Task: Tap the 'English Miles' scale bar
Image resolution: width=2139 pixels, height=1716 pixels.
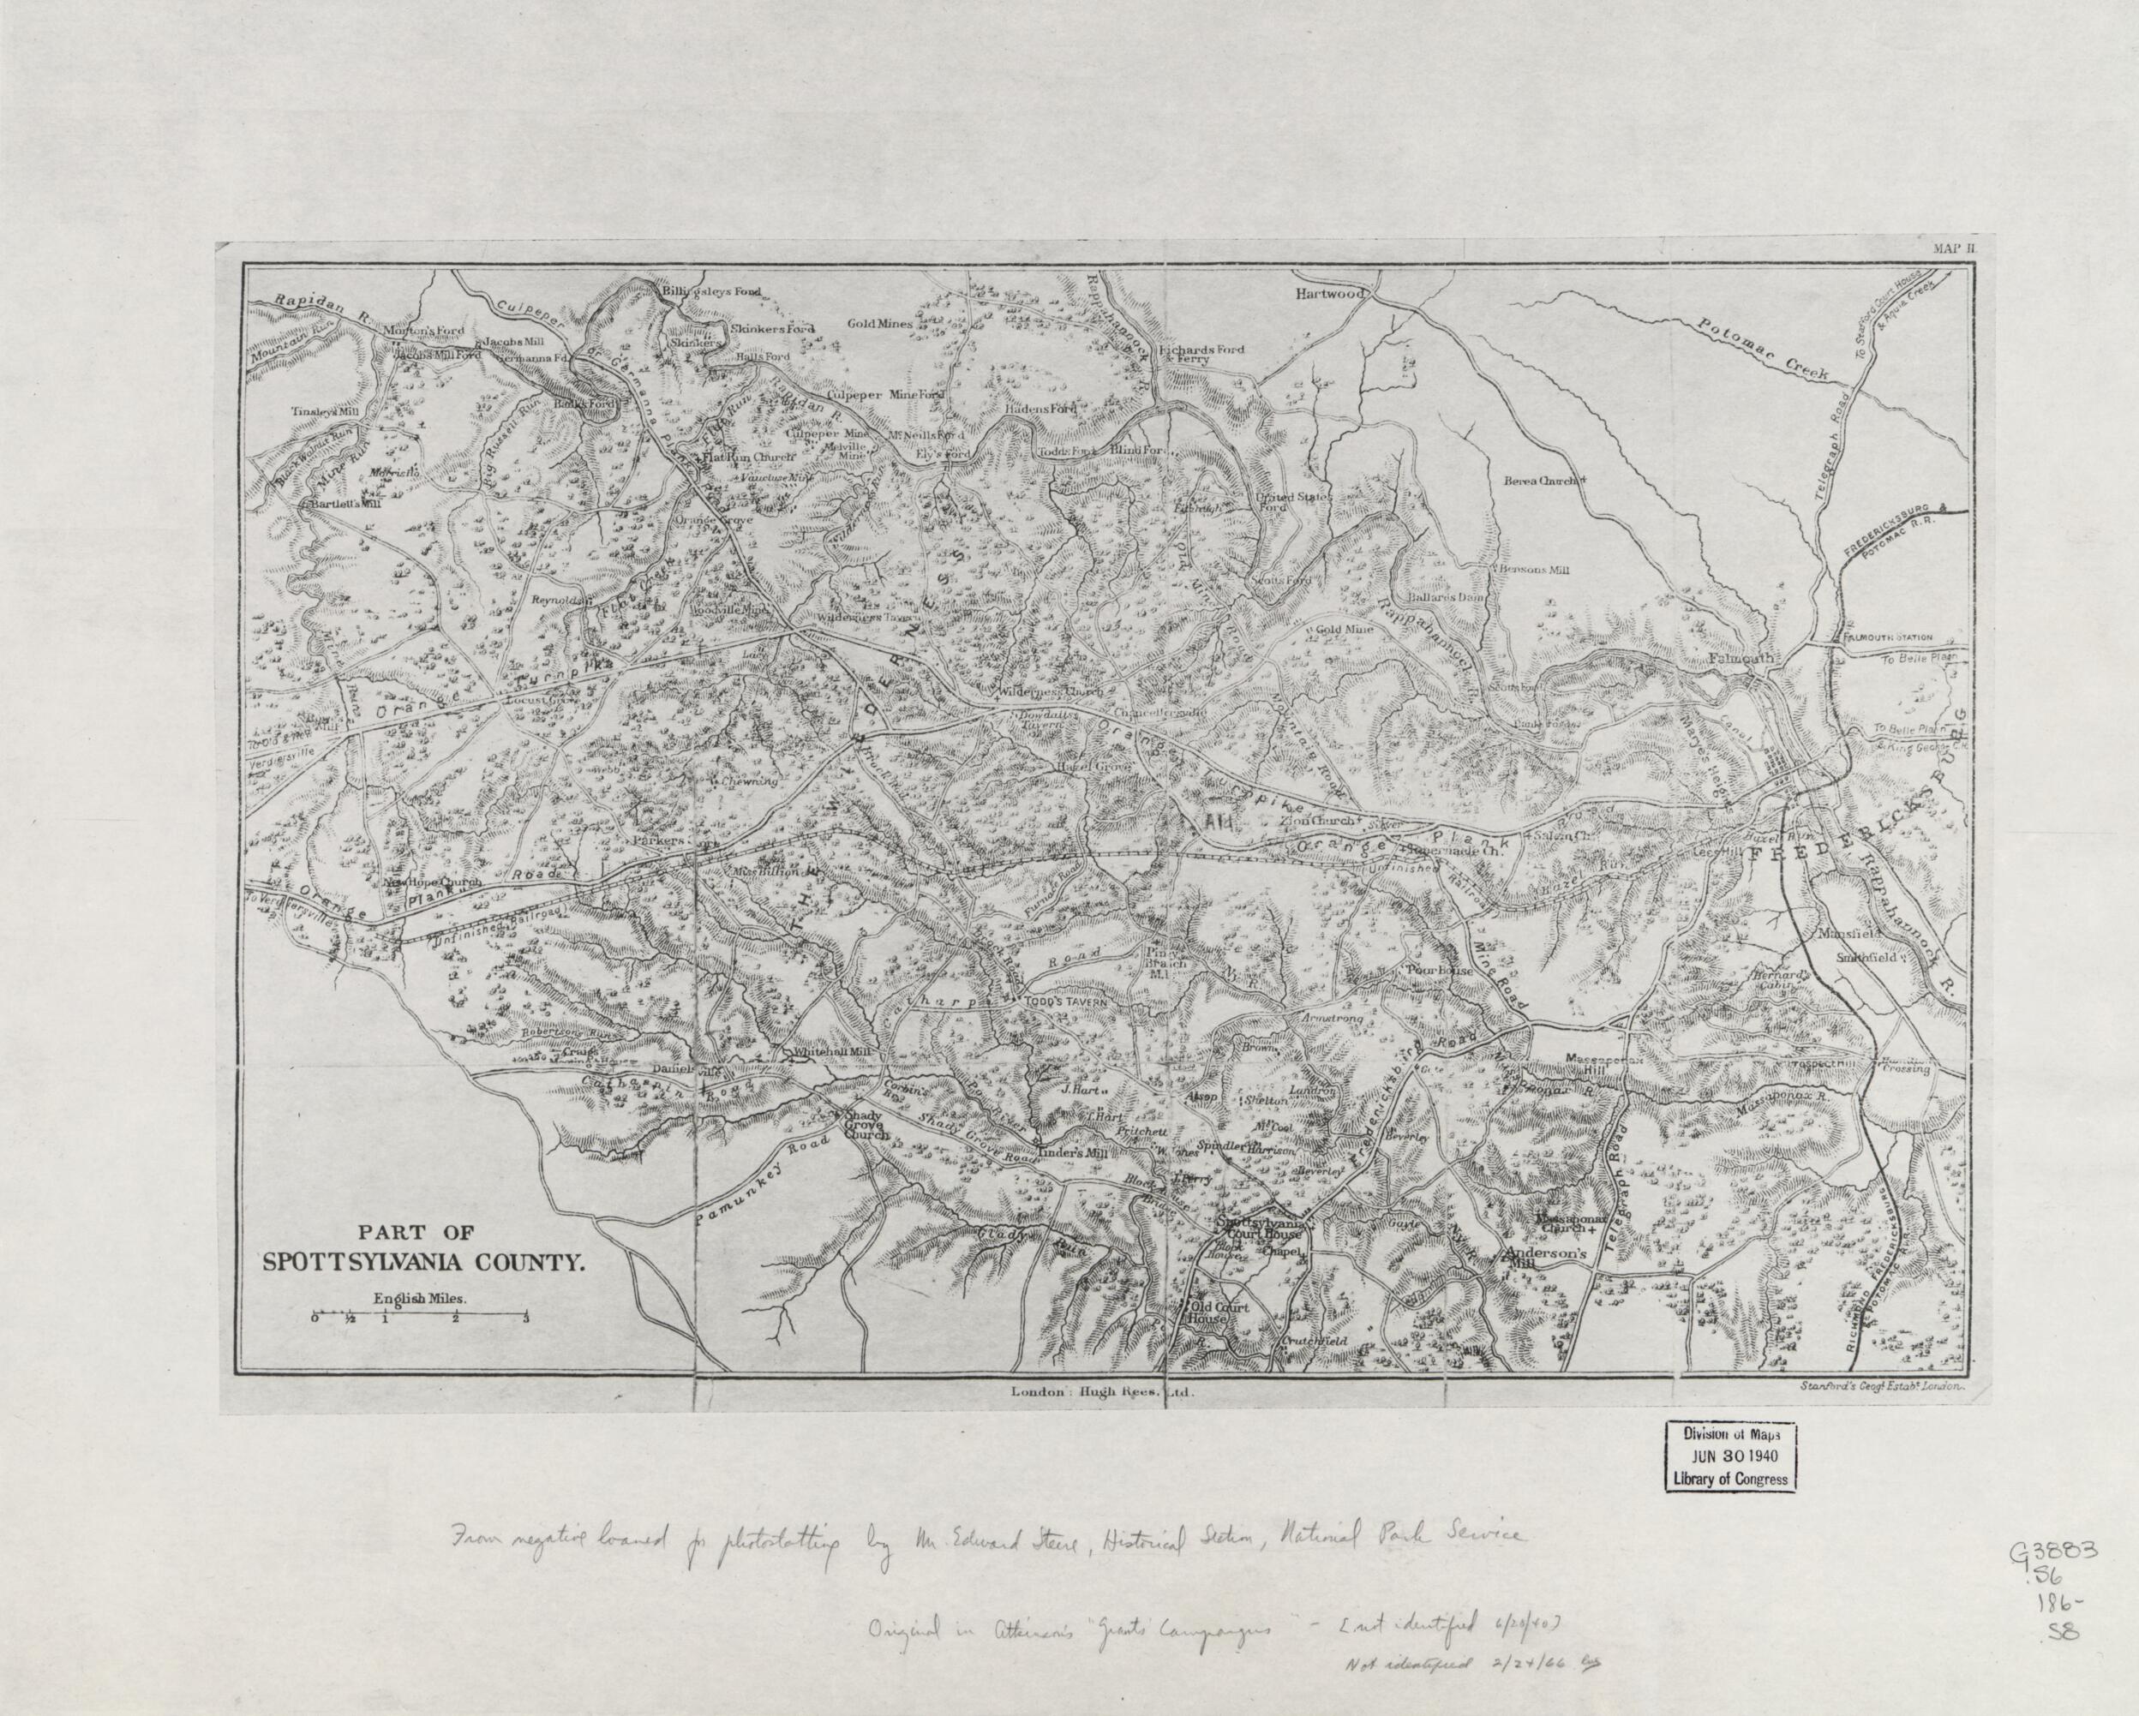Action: click(420, 1318)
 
